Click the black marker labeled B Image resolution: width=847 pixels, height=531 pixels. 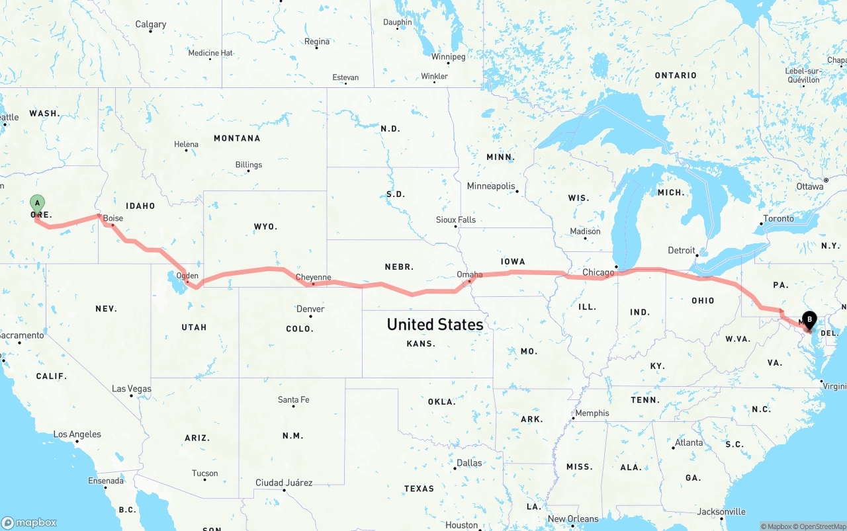point(809,320)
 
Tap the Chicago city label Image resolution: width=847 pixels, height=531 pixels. point(598,272)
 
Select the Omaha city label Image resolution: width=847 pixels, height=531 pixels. point(469,274)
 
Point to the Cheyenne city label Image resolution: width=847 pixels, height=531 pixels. point(313,278)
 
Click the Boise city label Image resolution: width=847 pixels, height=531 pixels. point(113,218)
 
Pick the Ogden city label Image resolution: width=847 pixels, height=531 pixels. point(187,276)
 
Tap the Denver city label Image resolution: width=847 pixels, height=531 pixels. point(310,309)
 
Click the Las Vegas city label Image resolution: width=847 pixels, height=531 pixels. point(131,389)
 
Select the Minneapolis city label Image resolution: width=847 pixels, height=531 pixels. point(491,186)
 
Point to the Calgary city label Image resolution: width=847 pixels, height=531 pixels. point(151,24)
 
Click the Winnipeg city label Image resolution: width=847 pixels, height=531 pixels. point(448,57)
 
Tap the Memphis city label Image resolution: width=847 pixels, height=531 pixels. point(592,413)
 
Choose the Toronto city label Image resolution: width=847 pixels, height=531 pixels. point(778,219)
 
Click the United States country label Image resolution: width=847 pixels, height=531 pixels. point(435,325)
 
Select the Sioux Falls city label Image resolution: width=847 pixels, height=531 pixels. point(455,220)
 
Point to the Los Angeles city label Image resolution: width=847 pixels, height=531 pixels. point(77,434)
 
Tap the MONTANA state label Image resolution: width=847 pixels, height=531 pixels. point(237,138)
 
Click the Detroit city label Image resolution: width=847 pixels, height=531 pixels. point(682,251)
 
